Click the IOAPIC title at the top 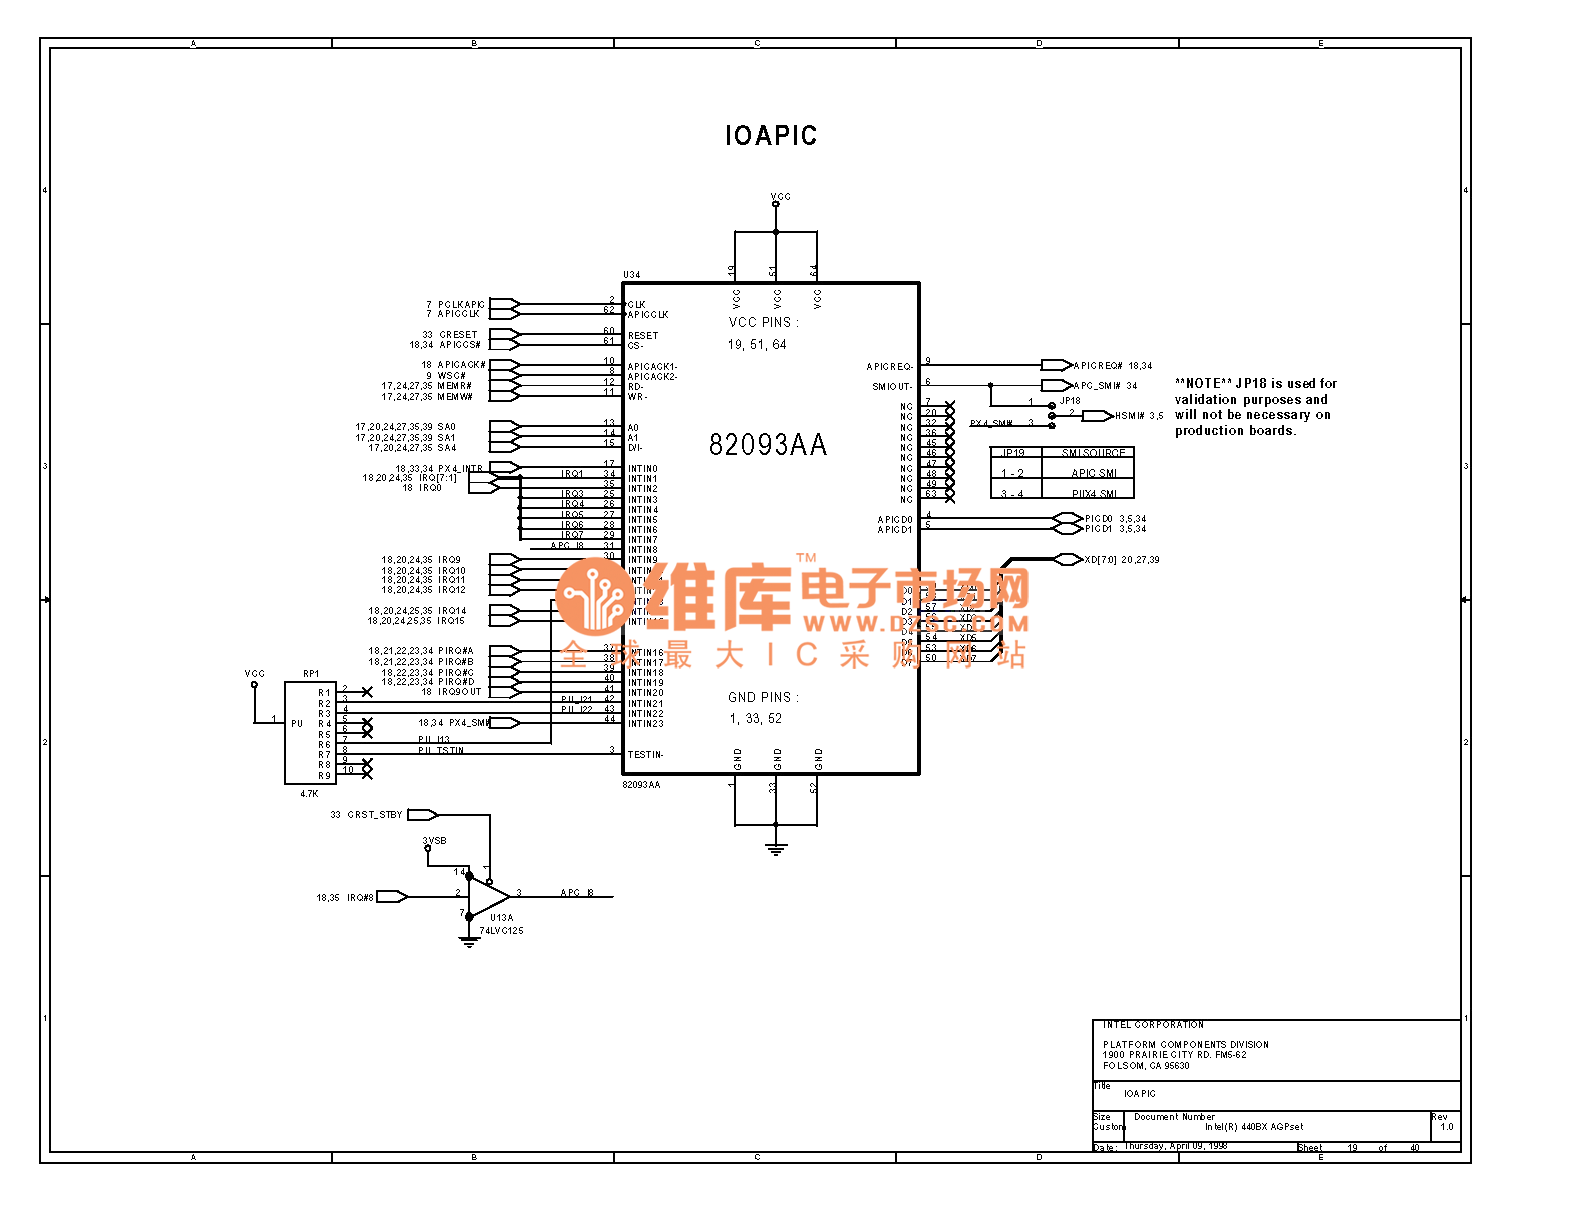point(771,136)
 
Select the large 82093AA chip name point(768,445)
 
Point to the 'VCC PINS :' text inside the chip point(763,322)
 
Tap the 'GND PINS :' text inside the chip point(763,697)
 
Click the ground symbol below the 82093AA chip point(776,849)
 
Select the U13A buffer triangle point(489,894)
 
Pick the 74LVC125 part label point(501,931)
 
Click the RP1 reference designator point(311,674)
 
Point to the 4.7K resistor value point(309,794)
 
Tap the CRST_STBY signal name point(374,815)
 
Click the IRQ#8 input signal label point(360,898)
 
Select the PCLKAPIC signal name point(461,305)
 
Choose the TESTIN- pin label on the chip point(645,755)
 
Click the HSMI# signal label point(1130,416)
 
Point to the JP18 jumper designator point(1070,401)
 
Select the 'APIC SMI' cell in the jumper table point(1094,473)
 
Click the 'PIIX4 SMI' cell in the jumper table point(1094,494)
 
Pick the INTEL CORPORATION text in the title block point(1153,1025)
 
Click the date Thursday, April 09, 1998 point(1175,1146)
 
